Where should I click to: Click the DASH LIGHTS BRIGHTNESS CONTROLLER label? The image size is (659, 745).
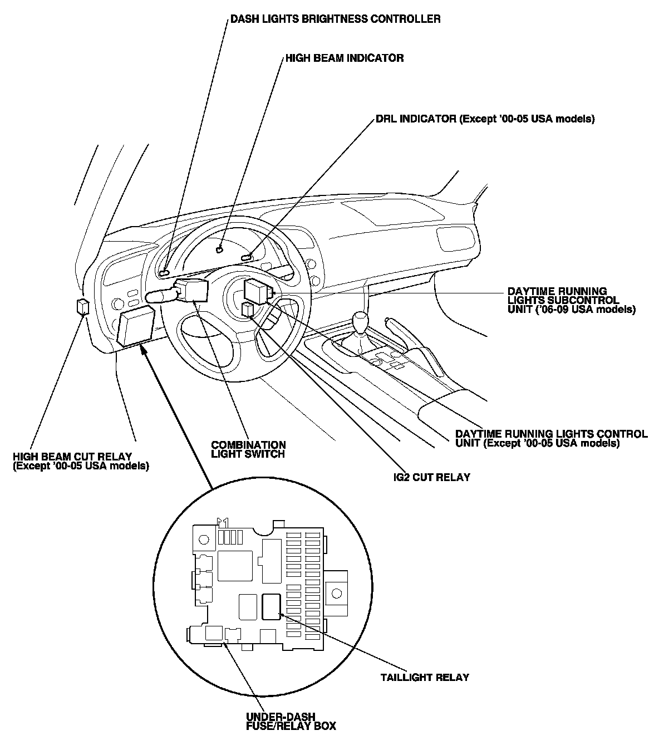coord(336,19)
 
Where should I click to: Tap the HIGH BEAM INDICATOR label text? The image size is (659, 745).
coord(345,58)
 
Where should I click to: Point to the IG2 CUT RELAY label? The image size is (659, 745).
coord(430,477)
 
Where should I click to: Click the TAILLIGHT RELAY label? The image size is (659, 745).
coord(425,678)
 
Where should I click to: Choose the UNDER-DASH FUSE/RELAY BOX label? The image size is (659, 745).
coord(291,721)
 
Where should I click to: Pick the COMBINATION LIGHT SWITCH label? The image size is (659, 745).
coord(248,449)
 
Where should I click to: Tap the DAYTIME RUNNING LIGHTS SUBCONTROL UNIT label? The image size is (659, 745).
coord(571,300)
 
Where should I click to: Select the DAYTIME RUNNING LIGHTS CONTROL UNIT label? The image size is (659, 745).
coord(551,438)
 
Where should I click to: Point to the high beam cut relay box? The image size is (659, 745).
coord(82,306)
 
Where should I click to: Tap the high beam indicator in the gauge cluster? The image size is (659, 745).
coord(220,250)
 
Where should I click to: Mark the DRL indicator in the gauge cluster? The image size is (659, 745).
coord(247,257)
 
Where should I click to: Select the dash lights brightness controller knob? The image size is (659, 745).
coord(164,273)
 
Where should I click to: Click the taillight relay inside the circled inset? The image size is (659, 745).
coord(271,606)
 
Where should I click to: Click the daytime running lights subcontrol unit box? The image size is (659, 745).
coord(258,290)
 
